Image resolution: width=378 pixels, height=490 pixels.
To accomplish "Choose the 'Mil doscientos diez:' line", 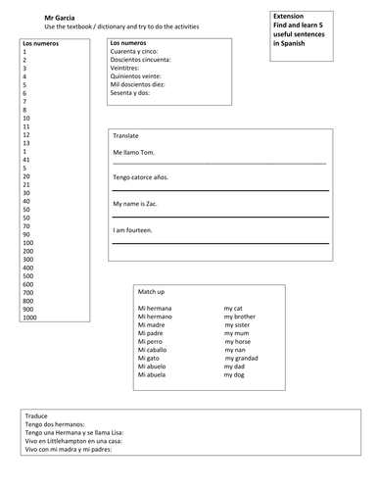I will pos(145,84).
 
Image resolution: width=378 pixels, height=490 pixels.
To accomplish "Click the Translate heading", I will pos(126,135).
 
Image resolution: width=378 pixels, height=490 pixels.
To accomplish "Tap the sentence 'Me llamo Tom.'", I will pos(135,153).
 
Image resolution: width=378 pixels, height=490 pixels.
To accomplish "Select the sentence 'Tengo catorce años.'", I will pos(145,177).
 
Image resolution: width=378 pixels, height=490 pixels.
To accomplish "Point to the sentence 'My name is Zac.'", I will pos(138,203).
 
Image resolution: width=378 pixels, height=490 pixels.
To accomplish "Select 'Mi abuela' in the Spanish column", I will pos(156,375).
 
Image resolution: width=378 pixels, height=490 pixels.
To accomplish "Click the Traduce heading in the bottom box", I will pos(40,416).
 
